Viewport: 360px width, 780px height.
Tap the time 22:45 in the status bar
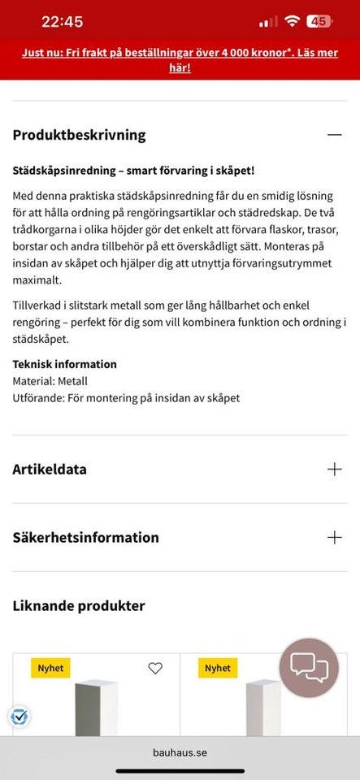pos(62,22)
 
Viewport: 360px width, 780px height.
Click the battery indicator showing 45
pos(319,22)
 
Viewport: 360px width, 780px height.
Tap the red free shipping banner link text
pos(180,59)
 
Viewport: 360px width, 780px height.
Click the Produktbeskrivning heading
pos(79,135)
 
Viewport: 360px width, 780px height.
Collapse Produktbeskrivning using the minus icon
pos(334,135)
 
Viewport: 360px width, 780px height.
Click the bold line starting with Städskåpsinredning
pos(134,171)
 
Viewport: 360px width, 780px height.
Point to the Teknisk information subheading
pos(64,364)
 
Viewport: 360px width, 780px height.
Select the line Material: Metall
pos(50,380)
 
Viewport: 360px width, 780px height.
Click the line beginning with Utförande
pos(126,398)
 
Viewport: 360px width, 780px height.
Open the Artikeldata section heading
pos(50,469)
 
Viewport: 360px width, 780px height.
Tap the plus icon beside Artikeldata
pos(334,469)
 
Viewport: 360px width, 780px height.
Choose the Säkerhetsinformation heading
pos(85,537)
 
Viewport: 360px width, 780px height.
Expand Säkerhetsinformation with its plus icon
pos(334,537)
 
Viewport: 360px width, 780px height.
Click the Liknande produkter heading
pos(79,605)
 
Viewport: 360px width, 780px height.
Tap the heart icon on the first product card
pos(155,668)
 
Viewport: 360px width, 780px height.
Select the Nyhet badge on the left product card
pos(50,668)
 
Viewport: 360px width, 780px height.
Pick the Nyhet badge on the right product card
pos(218,668)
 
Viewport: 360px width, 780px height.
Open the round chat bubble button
pos(309,668)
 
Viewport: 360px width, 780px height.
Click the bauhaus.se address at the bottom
pos(180,752)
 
